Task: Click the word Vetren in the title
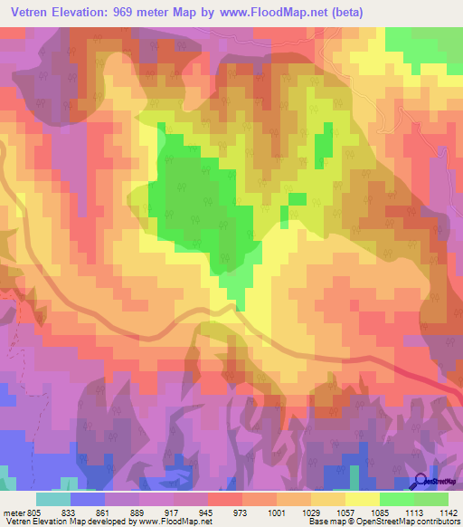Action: click(28, 13)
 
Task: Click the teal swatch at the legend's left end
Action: click(53, 499)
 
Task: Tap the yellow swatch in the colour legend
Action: click(362, 499)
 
